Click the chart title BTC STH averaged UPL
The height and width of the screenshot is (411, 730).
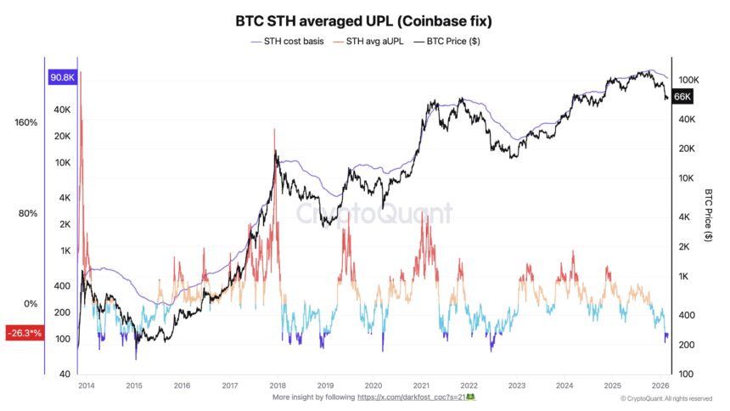pos(364,18)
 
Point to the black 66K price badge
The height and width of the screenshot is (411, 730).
pos(682,97)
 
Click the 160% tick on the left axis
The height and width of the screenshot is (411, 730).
pos(26,122)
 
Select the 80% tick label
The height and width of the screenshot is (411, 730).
pos(28,213)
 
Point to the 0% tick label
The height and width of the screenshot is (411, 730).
pos(31,304)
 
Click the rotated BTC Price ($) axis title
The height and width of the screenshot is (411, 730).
pos(708,217)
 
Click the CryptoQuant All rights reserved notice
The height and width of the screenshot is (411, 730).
pos(665,397)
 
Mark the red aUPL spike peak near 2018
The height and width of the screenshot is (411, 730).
pos(274,130)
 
